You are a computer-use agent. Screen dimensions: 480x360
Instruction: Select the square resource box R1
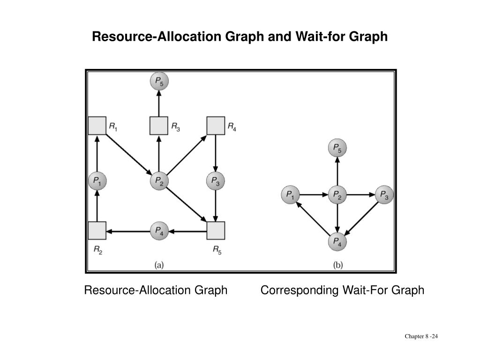point(97,125)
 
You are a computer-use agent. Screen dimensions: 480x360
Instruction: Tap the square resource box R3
point(159,125)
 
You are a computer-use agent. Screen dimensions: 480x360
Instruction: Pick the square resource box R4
point(216,125)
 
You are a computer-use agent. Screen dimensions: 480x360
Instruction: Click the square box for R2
point(97,230)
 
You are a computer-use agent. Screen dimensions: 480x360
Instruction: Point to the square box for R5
point(216,230)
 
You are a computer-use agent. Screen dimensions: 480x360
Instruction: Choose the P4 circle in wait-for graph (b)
point(337,242)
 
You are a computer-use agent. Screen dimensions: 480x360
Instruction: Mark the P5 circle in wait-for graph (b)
point(337,149)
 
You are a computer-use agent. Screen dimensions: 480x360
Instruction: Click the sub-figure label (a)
point(159,265)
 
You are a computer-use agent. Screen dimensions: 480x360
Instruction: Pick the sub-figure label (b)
point(337,265)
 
